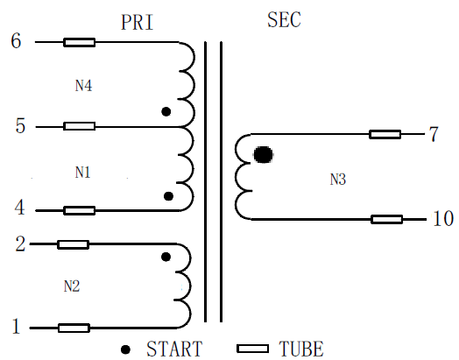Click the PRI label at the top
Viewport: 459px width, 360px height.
coord(137,22)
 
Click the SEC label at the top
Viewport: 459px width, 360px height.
coord(284,19)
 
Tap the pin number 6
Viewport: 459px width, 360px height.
coord(16,40)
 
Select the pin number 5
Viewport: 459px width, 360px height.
coord(20,126)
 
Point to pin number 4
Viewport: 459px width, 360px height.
coord(19,208)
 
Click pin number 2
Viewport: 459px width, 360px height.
coord(20,244)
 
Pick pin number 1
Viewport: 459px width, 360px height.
coord(16,326)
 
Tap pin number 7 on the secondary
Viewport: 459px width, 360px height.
coord(434,134)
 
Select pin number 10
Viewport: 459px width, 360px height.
coord(443,218)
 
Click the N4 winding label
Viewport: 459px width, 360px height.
coord(84,86)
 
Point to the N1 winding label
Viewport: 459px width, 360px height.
coord(83,173)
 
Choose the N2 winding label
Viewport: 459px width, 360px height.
coord(72,286)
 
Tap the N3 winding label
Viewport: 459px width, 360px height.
coord(338,180)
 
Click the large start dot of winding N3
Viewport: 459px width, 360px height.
coord(263,154)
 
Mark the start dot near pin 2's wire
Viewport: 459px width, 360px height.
coord(166,257)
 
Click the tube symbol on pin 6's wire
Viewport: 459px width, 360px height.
coord(80,42)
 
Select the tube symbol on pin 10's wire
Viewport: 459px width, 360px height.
coord(386,219)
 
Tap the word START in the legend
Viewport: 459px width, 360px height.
coord(174,349)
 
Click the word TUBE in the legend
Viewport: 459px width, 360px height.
coord(301,349)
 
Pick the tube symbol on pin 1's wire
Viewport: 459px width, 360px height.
coord(74,328)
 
